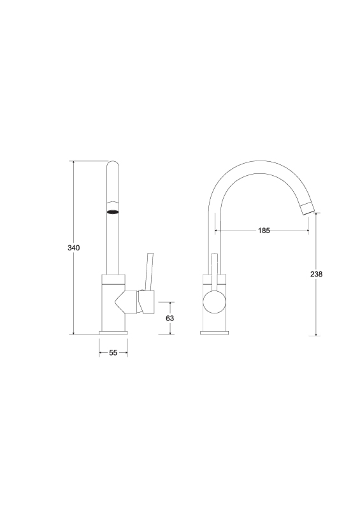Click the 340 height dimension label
pyautogui.click(x=74, y=248)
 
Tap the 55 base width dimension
pyautogui.click(x=113, y=352)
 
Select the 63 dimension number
pyautogui.click(x=169, y=318)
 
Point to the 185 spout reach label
pyautogui.click(x=264, y=231)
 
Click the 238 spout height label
pyautogui.click(x=317, y=274)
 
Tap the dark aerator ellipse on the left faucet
pyautogui.click(x=113, y=212)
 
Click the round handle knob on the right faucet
pyautogui.click(x=214, y=301)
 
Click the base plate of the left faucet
pyautogui.click(x=113, y=333)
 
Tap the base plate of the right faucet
pyautogui.click(x=214, y=333)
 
